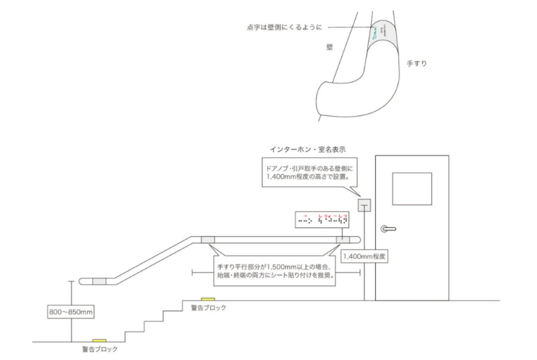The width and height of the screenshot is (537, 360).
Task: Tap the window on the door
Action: tap(412, 189)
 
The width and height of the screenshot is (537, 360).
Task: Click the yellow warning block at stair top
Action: tap(208, 299)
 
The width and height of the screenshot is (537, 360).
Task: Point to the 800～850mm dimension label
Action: tap(71, 311)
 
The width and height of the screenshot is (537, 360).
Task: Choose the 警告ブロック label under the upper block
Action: tap(208, 308)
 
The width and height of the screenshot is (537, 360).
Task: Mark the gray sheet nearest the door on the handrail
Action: tap(344, 239)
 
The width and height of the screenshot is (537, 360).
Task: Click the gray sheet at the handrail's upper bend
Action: tap(208, 239)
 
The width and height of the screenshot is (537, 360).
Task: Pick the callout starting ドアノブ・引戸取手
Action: tap(307, 173)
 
